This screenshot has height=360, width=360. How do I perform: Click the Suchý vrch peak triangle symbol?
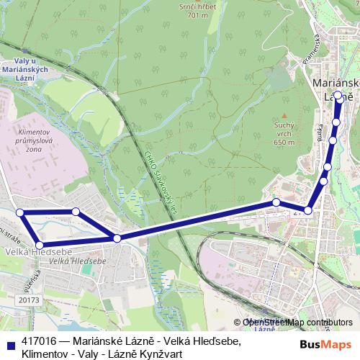coord(285,114)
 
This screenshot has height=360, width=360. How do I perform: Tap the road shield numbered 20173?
coord(30,299)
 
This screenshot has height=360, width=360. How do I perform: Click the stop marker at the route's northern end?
coord(338,94)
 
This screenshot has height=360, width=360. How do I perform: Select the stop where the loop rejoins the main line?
coord(117,238)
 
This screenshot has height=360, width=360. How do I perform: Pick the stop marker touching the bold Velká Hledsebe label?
coord(40,246)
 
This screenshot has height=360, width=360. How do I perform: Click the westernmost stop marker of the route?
coord(20,212)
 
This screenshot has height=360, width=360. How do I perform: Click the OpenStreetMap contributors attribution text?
coord(297,323)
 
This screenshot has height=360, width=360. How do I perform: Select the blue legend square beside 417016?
coord(9,342)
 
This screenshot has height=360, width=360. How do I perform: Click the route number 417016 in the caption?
coord(41,341)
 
